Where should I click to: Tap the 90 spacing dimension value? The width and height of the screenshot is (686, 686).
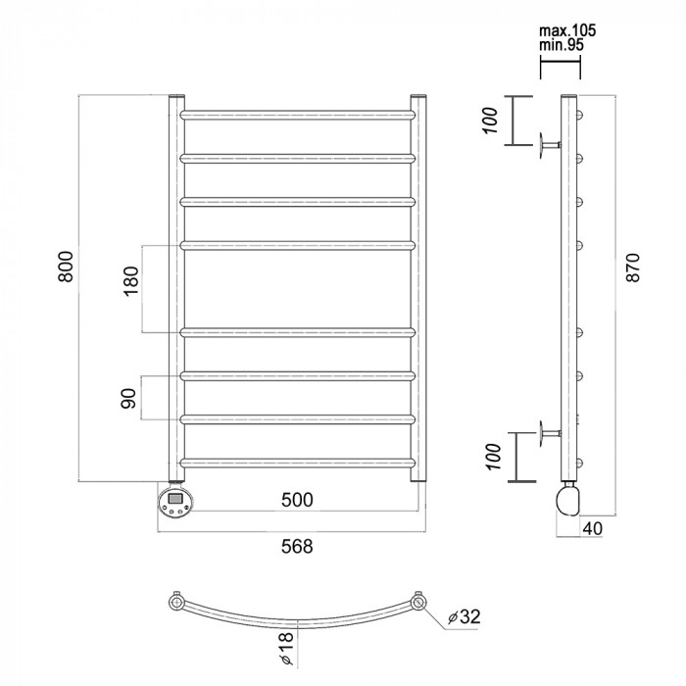[132, 398]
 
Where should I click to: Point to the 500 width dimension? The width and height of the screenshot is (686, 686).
[296, 500]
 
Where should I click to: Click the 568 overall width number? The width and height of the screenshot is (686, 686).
[296, 547]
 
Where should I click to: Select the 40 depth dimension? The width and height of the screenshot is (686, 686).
[593, 528]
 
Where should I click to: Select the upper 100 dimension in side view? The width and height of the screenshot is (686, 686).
[493, 119]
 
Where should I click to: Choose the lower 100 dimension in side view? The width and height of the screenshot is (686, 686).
[493, 454]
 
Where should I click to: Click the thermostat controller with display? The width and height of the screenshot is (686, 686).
[174, 504]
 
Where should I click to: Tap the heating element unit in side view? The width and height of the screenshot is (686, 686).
[567, 498]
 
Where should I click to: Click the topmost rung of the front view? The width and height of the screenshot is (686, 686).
[297, 115]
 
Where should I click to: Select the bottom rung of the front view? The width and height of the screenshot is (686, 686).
[297, 462]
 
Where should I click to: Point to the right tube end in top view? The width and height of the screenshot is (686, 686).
[419, 602]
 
